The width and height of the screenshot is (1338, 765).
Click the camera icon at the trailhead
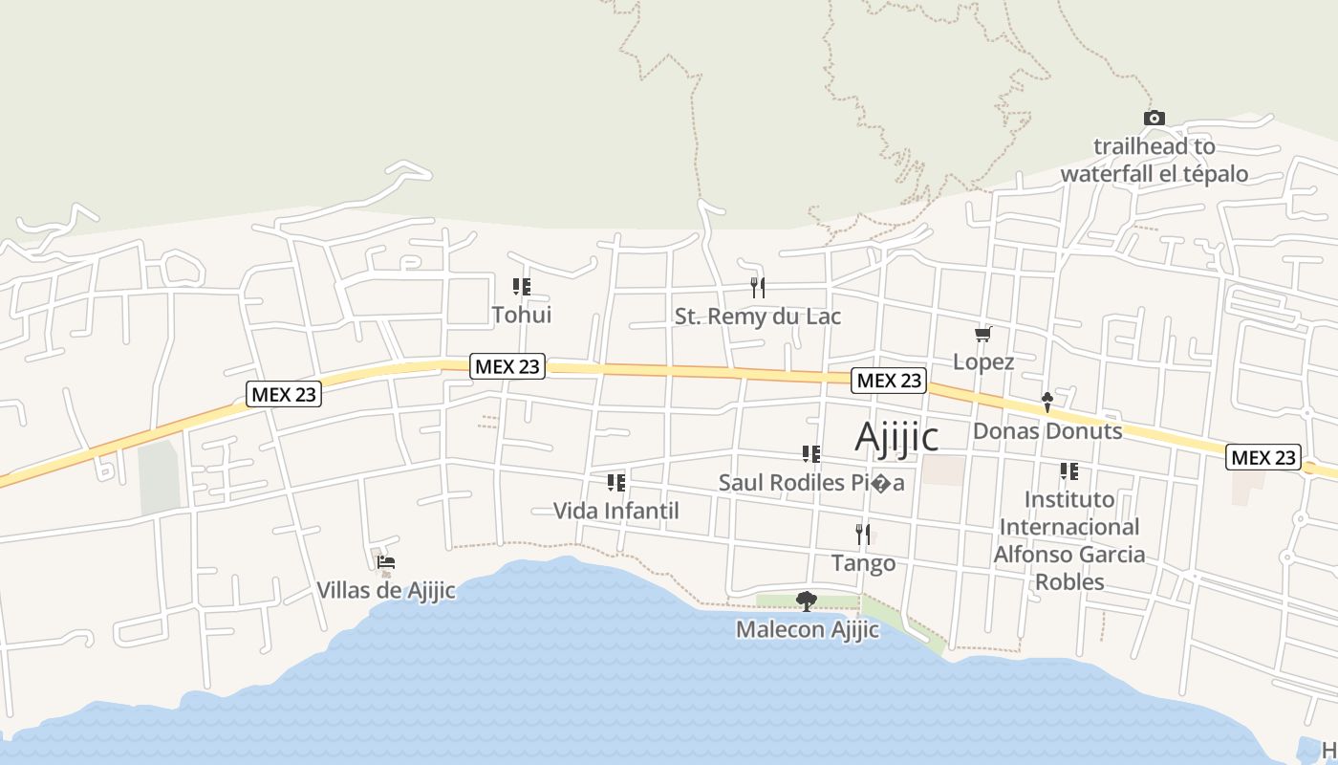[x=1155, y=119]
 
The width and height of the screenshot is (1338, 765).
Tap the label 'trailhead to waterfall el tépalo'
[x=1155, y=161]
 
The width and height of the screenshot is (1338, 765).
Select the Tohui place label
[x=521, y=315]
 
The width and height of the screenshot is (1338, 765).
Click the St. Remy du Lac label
[x=758, y=317]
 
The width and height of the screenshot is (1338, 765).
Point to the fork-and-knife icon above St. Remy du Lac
[x=758, y=287]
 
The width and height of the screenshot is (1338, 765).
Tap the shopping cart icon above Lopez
[x=982, y=334]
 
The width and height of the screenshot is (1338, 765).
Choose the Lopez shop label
[x=983, y=362]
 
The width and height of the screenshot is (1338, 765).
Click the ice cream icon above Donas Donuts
[x=1047, y=403]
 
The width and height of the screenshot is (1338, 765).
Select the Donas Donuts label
[x=1047, y=431]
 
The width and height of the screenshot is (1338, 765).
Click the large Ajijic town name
[x=896, y=437]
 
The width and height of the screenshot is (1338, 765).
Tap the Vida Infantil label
[x=616, y=512]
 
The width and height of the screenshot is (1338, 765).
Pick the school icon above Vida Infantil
[x=616, y=483]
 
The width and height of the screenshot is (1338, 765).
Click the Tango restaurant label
[x=863, y=563]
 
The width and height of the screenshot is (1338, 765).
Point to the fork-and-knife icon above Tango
[x=863, y=535]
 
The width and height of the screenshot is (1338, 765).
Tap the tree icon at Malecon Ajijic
[x=807, y=601]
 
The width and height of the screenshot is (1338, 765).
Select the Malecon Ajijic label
[x=808, y=630]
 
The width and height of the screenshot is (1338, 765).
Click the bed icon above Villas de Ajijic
[x=386, y=563]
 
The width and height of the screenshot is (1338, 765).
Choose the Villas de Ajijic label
[x=386, y=591]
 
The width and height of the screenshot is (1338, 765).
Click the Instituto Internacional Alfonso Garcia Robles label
[x=1069, y=540]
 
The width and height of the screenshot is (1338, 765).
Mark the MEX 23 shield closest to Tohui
[x=507, y=366]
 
